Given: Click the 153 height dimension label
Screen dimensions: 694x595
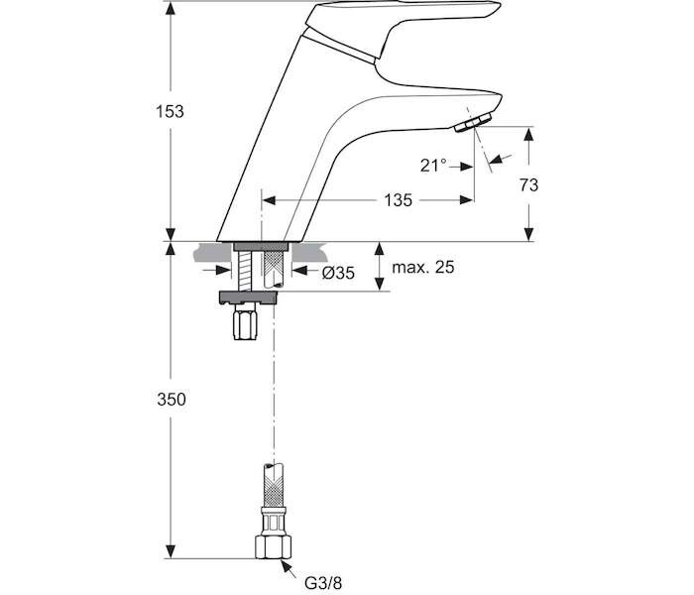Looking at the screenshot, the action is [170, 111].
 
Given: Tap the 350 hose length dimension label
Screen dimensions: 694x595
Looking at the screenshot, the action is [172, 400].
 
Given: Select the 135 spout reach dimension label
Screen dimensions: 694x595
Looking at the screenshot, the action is [398, 200].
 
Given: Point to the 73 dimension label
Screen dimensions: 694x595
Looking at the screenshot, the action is [528, 185].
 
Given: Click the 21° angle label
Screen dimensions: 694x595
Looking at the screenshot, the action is [433, 166].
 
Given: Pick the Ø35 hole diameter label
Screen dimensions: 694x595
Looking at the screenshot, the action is [339, 273].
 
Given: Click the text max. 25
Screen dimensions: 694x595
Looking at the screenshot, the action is [423, 267].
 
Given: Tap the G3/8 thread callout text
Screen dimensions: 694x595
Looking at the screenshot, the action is [323, 583].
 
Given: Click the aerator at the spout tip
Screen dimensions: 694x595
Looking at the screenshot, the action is [474, 122].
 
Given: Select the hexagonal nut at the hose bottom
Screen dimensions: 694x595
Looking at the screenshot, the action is [274, 547].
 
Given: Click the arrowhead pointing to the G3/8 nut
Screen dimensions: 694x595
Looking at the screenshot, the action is [286, 565].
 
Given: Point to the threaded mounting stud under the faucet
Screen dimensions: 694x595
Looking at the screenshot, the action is [242, 271].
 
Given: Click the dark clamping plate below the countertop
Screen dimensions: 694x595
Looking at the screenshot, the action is [250, 297].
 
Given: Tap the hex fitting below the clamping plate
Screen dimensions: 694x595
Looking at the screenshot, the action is [245, 322].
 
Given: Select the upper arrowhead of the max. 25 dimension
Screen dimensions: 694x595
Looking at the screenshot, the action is [379, 249].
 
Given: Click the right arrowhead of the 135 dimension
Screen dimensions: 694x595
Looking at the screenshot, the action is [466, 200].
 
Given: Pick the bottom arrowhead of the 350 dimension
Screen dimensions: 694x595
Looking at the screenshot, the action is [171, 551].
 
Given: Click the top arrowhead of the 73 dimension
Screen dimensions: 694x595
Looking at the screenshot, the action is [528, 134].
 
